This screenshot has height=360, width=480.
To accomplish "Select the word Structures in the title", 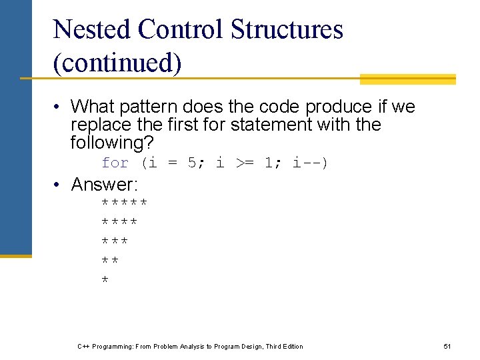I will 287,29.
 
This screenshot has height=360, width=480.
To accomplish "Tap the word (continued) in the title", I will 117,63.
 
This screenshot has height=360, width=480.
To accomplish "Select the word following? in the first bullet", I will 111,143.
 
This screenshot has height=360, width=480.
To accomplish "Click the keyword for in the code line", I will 115,163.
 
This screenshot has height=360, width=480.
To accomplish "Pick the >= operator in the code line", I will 245,163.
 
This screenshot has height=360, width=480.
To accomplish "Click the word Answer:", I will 104,184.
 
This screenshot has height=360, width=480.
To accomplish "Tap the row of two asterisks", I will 110,261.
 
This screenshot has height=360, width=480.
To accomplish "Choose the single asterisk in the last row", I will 105,281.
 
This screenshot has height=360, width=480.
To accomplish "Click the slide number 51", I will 447,347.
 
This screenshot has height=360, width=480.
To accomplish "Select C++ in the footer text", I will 84,347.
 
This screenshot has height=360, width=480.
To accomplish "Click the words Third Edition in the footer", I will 284,347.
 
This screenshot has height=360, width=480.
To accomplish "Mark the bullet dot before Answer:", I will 59,185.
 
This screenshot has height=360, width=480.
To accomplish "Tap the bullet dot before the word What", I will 59,107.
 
